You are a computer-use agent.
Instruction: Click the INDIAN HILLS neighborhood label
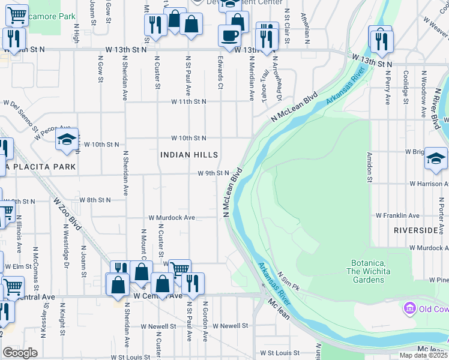[188, 155]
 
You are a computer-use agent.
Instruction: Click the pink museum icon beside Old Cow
[411, 308]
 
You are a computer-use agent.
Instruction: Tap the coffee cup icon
[230, 35]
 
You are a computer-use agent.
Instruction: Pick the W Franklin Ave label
[397, 215]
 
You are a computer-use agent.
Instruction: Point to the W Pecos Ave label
[52, 133]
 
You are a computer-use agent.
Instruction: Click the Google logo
[20, 353]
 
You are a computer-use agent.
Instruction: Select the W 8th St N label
[95, 200]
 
